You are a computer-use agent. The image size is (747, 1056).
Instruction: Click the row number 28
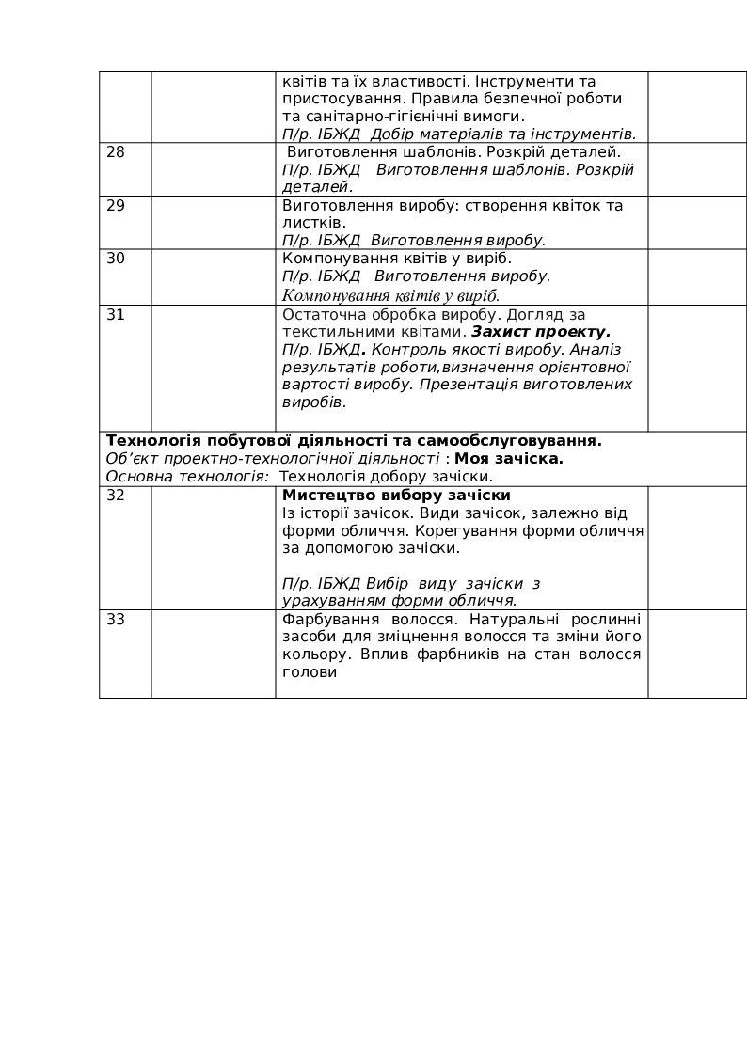(x=116, y=152)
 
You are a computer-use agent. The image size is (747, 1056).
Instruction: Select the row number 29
(x=116, y=206)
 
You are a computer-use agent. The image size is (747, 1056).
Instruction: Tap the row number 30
(x=116, y=259)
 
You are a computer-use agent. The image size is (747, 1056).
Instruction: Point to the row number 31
(x=116, y=315)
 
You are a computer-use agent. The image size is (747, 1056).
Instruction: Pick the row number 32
(x=116, y=496)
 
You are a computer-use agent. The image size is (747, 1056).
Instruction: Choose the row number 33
(x=116, y=620)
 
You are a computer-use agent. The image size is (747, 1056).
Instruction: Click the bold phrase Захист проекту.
(x=541, y=332)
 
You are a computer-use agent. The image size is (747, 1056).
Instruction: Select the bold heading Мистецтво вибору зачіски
(x=396, y=496)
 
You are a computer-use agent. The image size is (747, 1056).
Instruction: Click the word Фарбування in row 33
(x=324, y=620)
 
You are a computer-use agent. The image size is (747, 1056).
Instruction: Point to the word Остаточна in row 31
(x=320, y=315)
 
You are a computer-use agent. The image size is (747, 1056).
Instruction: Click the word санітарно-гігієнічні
(x=373, y=117)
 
